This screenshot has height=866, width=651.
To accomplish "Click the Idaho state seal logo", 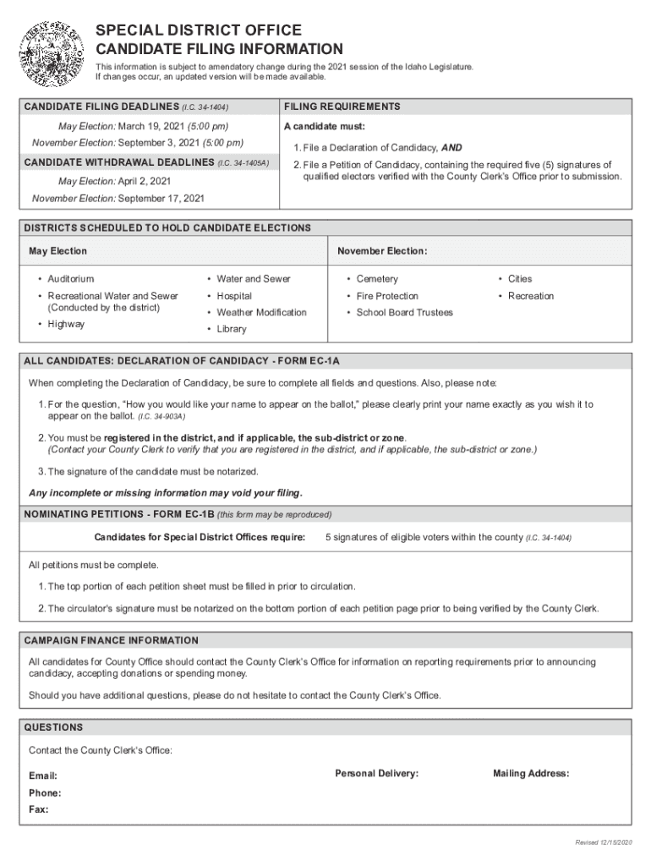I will pyautogui.click(x=52, y=52).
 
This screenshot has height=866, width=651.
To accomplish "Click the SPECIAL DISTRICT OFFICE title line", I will pyautogui.click(x=198, y=30).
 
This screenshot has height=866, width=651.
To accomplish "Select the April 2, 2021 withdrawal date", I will pyautogui.click(x=145, y=181).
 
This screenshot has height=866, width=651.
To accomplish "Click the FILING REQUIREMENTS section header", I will pyautogui.click(x=342, y=107).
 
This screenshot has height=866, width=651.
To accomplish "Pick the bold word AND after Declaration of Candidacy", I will pyautogui.click(x=451, y=147).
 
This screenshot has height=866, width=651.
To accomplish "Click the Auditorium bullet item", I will pyautogui.click(x=71, y=279).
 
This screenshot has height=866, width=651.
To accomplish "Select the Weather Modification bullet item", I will pyautogui.click(x=261, y=312).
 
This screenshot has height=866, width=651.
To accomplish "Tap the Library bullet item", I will pyautogui.click(x=231, y=329).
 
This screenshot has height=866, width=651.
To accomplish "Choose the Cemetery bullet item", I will pyautogui.click(x=377, y=279).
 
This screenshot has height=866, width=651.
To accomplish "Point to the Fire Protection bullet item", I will pyautogui.click(x=387, y=296).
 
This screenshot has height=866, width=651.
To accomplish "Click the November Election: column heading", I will pyautogui.click(x=382, y=251).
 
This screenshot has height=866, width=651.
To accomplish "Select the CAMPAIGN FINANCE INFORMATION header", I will pyautogui.click(x=112, y=640).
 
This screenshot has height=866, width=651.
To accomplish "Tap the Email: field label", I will pyautogui.click(x=43, y=776).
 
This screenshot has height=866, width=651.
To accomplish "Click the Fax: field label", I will pyautogui.click(x=38, y=809).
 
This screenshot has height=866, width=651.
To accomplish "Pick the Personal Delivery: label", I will pyautogui.click(x=376, y=773).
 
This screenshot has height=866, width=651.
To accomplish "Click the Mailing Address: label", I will pyautogui.click(x=531, y=773).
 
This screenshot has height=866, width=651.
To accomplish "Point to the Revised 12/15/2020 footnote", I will pyautogui.click(x=603, y=842).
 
